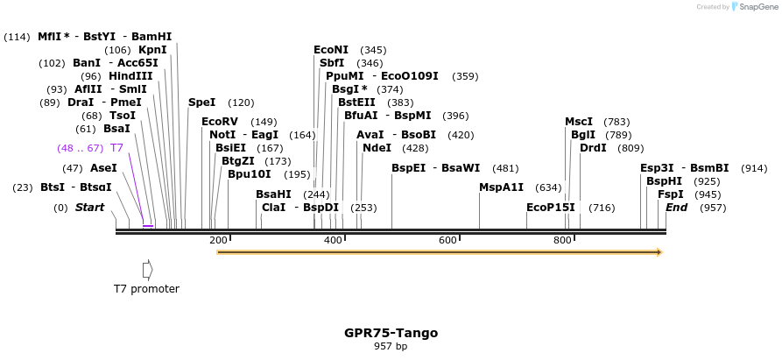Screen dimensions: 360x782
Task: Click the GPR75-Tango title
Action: [x=391, y=333]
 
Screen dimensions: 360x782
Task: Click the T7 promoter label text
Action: [x=146, y=288]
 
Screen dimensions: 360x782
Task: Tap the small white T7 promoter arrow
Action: [x=147, y=268]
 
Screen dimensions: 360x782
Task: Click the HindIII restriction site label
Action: [x=130, y=76]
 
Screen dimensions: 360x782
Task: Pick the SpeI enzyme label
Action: [x=202, y=102]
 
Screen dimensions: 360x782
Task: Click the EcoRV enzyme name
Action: [x=220, y=122]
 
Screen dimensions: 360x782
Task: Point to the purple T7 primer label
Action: [x=116, y=148]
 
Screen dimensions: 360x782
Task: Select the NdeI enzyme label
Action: [x=377, y=148]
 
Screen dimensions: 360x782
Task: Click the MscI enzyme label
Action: [x=579, y=122]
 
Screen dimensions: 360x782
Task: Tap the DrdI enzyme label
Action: [x=593, y=148]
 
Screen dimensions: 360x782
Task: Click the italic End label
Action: [x=676, y=208]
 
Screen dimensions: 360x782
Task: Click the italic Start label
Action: [x=89, y=208]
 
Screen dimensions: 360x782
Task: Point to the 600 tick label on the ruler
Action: [x=447, y=240]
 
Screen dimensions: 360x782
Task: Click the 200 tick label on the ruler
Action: [x=218, y=240]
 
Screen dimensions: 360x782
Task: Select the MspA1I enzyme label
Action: [x=501, y=187]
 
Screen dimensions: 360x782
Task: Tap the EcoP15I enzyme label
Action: [x=551, y=208]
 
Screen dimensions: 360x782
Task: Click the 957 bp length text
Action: [x=391, y=347]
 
